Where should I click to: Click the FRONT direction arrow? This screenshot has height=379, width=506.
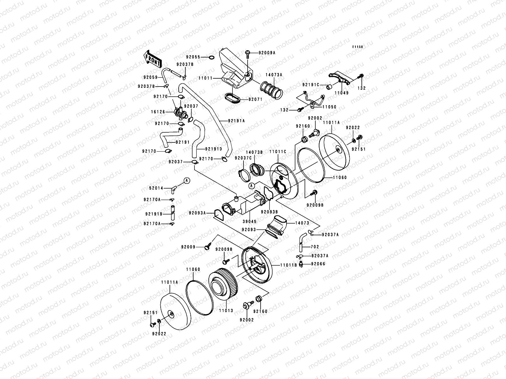click(152, 59)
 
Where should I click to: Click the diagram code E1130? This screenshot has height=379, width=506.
click(357, 47)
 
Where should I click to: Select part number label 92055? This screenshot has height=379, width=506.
click(193, 57)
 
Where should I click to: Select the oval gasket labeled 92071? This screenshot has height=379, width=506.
click(232, 98)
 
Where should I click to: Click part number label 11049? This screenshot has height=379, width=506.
click(342, 93)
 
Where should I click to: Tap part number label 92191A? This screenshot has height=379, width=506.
click(236, 121)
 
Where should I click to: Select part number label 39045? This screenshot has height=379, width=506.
click(250, 221)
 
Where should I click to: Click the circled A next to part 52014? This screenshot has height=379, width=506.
click(187, 181)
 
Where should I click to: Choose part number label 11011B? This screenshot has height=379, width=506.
click(289, 265)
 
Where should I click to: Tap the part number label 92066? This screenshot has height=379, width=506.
click(318, 264)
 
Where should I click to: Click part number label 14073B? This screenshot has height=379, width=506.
click(254, 152)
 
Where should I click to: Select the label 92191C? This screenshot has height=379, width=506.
click(311, 85)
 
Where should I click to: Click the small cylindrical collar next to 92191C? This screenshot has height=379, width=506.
click(330, 87)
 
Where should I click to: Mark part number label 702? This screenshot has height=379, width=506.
click(315, 247)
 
